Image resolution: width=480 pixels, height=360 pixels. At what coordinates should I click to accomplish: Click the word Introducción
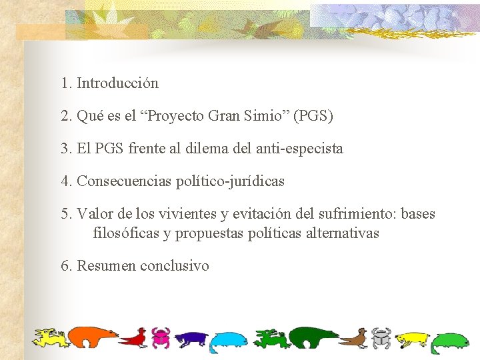[118, 83]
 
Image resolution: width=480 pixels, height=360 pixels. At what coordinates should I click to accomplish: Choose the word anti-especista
[299, 148]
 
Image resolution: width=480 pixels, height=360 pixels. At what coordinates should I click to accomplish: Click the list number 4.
[65, 181]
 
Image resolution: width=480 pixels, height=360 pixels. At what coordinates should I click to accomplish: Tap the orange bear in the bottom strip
[93, 337]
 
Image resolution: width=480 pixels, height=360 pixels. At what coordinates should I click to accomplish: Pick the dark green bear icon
[313, 337]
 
